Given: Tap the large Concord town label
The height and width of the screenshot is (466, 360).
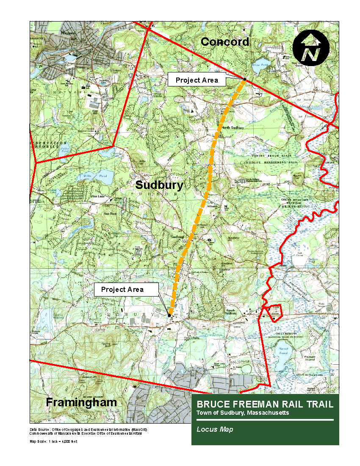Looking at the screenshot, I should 224,42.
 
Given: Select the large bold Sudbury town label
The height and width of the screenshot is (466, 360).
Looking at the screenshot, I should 159,185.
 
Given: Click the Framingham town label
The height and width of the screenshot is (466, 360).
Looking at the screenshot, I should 81,402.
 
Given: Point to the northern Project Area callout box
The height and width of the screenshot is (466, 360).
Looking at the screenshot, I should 197,80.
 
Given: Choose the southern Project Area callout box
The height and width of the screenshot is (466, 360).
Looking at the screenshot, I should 122,290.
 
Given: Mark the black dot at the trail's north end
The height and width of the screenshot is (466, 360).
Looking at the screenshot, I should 244,79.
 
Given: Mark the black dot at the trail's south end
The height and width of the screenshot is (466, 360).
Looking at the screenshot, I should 169,315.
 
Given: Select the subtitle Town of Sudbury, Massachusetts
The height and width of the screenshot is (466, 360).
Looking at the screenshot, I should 243,413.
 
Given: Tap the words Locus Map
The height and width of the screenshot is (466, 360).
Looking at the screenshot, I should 215,429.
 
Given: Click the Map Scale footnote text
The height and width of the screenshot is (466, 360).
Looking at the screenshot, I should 53,441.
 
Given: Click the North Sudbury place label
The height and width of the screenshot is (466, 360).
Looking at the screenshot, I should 230,128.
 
